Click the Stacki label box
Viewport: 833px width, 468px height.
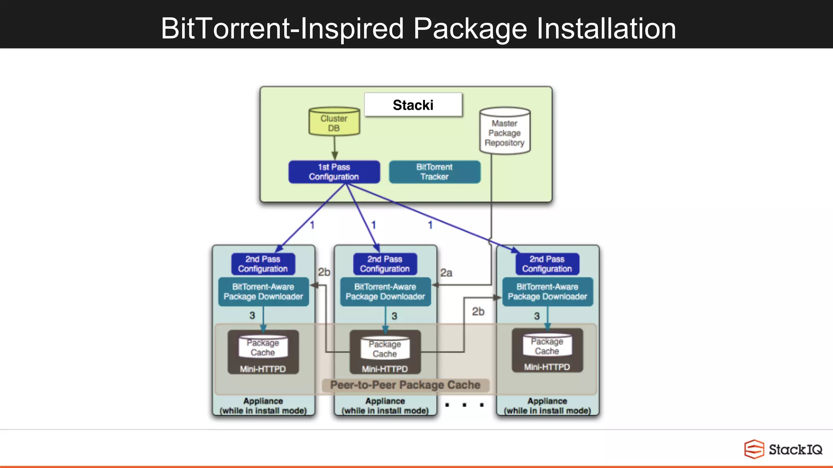[413, 105]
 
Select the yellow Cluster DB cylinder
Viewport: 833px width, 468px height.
[334, 122]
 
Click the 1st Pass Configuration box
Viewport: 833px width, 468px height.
[334, 172]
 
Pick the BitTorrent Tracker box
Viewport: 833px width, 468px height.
[434, 172]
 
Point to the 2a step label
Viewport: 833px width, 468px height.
[446, 273]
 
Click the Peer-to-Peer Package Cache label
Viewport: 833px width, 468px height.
[405, 385]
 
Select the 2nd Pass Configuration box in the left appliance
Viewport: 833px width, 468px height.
[263, 264]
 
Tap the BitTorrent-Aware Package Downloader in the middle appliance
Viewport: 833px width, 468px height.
[385, 292]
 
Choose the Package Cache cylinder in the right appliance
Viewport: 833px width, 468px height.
[547, 346]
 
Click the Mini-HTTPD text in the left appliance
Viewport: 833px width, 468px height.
[263, 369]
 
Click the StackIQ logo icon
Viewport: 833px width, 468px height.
[754, 449]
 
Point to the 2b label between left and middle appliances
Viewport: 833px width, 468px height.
[324, 272]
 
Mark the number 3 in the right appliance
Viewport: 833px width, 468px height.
[536, 316]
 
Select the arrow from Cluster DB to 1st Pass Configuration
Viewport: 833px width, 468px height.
[334, 148]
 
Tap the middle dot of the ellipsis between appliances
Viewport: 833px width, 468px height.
[464, 405]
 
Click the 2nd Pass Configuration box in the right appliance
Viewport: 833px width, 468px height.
[547, 264]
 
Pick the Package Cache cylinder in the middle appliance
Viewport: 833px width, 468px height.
[385, 349]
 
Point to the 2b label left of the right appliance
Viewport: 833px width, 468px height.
[478, 312]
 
